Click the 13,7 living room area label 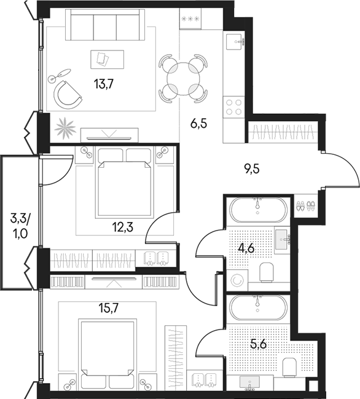click(104, 84)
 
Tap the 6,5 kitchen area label click(198, 124)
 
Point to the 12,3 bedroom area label click(122, 226)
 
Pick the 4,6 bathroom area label click(246, 248)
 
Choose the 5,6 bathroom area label click(258, 344)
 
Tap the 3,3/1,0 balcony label click(20, 226)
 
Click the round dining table click(184, 79)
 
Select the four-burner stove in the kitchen click(234, 108)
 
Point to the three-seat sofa click(105, 25)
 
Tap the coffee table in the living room click(108, 59)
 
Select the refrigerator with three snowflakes click(190, 19)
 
